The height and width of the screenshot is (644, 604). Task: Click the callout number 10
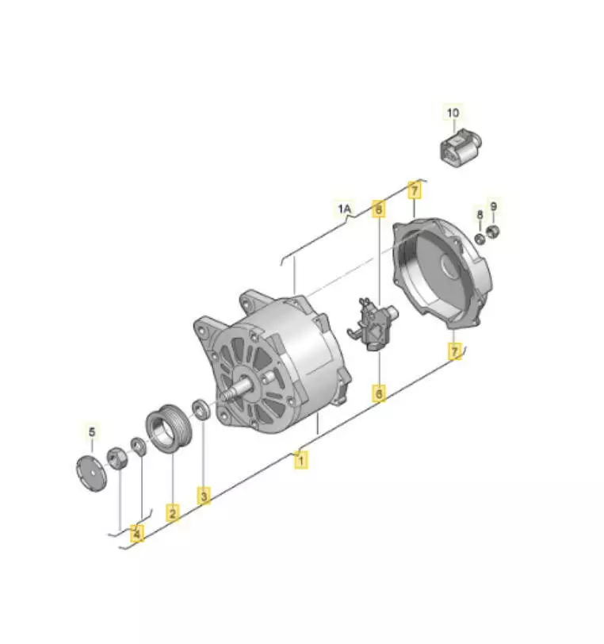[x=453, y=113]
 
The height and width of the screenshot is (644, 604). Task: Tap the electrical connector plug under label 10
[x=461, y=146]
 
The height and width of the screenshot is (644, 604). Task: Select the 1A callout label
[x=345, y=209]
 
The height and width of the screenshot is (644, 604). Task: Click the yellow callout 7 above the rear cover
[x=415, y=190]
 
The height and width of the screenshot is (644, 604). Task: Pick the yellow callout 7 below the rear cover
[x=454, y=352]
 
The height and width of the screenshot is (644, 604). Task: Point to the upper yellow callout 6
[x=379, y=209]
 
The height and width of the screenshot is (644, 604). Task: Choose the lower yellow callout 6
[x=379, y=393]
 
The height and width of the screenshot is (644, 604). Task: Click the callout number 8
[x=480, y=214]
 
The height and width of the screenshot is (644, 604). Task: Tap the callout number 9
[x=494, y=206]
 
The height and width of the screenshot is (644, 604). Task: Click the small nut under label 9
[x=493, y=232]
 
